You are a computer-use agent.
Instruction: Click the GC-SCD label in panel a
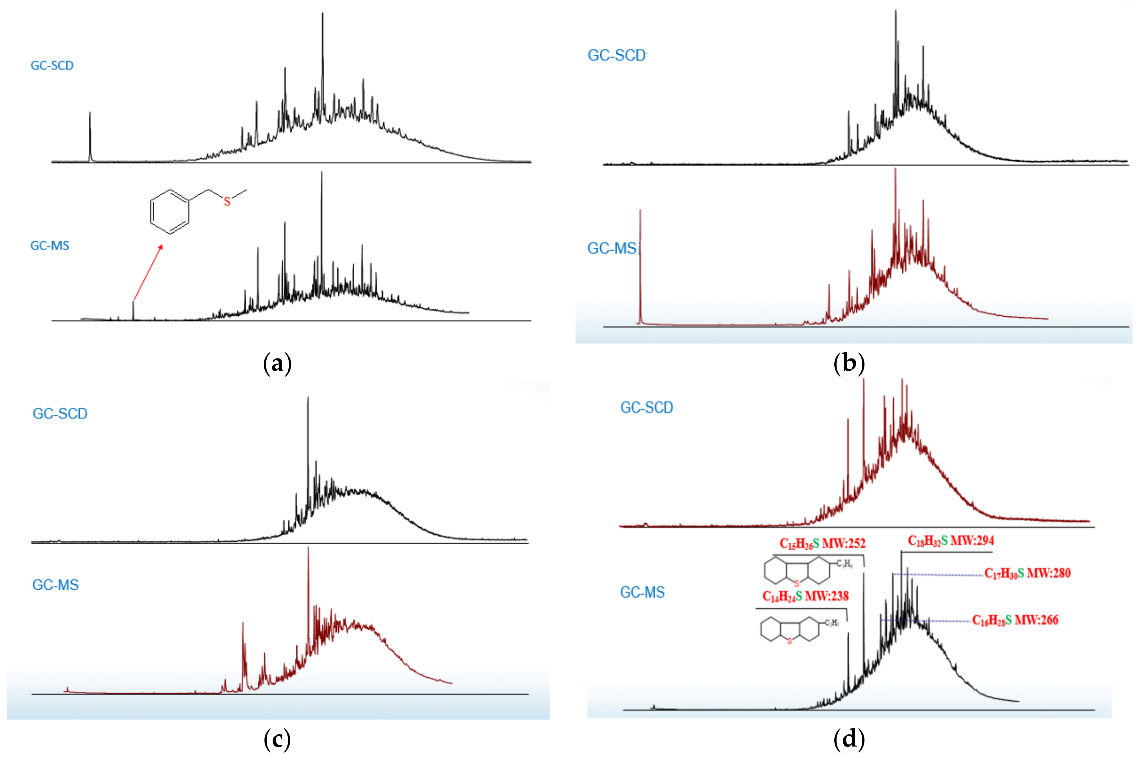[52, 65]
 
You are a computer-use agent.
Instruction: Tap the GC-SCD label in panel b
[616, 56]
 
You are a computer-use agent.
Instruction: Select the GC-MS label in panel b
[612, 248]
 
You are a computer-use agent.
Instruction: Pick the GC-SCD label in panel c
[60, 414]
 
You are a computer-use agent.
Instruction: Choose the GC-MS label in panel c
[55, 585]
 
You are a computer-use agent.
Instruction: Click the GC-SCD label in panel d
[647, 408]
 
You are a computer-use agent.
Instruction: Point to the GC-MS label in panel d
[643, 592]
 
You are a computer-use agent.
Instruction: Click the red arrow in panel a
[147, 273]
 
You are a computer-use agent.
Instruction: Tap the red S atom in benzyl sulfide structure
[227, 202]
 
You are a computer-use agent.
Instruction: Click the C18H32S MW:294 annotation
[950, 541]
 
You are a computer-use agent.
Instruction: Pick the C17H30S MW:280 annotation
[1027, 573]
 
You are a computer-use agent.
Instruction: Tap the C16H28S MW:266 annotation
[1015, 620]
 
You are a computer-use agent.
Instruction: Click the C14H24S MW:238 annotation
[805, 596]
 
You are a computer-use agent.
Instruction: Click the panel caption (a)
[277, 363]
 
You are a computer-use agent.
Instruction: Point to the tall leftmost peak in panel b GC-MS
[640, 266]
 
